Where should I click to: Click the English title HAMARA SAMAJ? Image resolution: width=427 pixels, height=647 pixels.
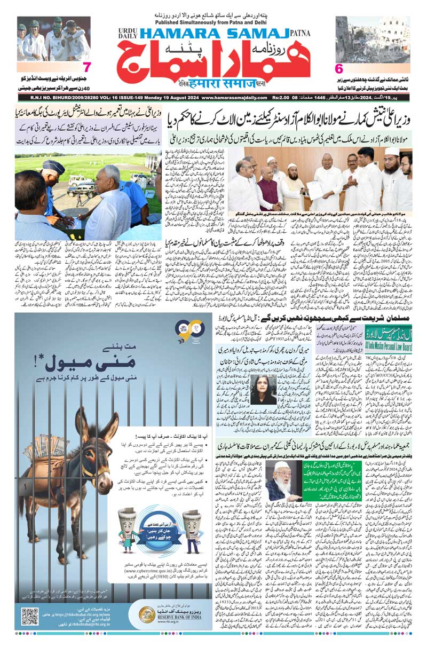coord(213,33)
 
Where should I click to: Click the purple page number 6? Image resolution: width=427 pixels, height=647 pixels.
coord(338,68)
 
